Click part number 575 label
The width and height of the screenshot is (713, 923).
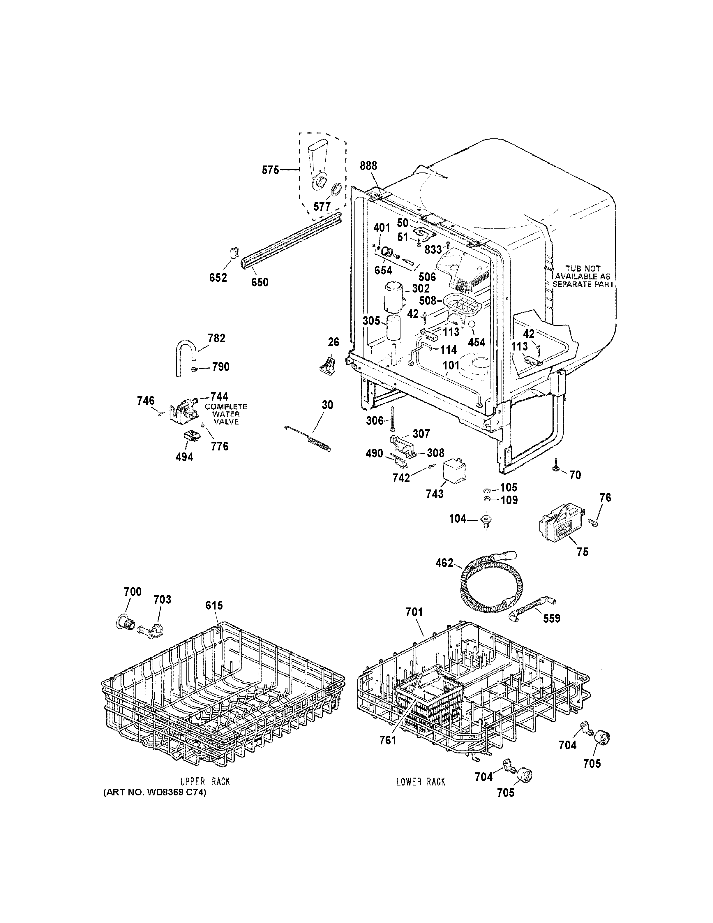(x=270, y=170)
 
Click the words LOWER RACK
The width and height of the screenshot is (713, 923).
(x=421, y=782)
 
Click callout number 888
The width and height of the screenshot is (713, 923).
(x=368, y=166)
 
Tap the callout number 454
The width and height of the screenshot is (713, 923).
(x=476, y=342)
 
